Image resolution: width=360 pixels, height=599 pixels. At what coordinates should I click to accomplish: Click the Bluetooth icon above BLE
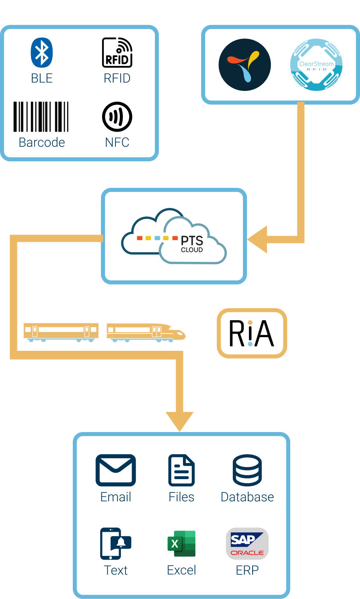pos(42,52)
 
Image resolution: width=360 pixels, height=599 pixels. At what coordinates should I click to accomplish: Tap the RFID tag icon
pos(117,52)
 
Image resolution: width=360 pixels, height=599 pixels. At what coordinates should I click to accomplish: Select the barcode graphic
pos(41,117)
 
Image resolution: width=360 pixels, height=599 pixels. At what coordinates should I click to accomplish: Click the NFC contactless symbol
pos(117,117)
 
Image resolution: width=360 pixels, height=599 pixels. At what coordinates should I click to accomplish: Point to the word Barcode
pos(42,142)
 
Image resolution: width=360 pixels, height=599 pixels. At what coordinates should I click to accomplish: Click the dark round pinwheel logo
pos(245,65)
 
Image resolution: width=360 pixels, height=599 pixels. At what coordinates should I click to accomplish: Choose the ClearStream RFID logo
pos(317,65)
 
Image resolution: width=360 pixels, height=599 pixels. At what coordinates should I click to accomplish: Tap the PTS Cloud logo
pos(174,236)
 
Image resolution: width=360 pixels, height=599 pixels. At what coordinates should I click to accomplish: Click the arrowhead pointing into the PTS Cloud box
pos(257,239)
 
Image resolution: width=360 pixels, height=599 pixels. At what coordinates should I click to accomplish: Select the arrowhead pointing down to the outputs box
pos(179,422)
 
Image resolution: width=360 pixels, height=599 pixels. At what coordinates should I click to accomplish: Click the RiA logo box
pos(252,333)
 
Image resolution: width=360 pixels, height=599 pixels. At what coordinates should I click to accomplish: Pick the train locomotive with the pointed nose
pos(146,333)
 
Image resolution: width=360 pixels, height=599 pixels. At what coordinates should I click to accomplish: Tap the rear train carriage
pos(61,333)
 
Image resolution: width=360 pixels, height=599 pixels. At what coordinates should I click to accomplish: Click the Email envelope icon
pos(116,470)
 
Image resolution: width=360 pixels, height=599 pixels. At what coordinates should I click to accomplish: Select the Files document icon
pos(181,470)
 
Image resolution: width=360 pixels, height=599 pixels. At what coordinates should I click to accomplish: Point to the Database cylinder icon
pos(247,470)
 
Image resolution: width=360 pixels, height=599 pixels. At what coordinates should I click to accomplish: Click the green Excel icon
pos(181,543)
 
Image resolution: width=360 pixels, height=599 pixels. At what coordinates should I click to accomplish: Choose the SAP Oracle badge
pos(247,543)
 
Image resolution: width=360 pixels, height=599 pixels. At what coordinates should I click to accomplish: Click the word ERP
pos(247,570)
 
